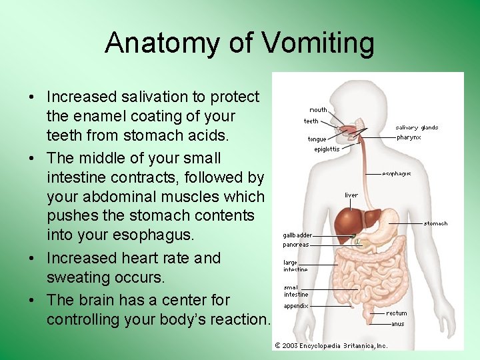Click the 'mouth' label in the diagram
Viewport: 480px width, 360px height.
point(318,110)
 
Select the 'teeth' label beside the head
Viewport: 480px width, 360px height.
point(311,121)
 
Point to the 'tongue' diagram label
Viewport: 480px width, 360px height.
point(317,139)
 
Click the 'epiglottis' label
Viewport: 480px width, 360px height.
point(327,149)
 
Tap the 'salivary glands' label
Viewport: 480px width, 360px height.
point(417,127)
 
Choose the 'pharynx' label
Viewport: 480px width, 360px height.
point(409,137)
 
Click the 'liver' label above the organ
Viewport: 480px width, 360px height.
point(351,195)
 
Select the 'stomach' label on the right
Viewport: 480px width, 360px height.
point(435,223)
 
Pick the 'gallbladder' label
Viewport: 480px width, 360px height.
point(297,235)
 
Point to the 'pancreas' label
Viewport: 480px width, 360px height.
point(295,245)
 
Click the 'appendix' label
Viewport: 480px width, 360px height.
point(295,306)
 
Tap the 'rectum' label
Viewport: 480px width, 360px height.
point(396,313)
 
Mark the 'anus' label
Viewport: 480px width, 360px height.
point(397,324)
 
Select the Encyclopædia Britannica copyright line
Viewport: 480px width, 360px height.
point(331,345)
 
